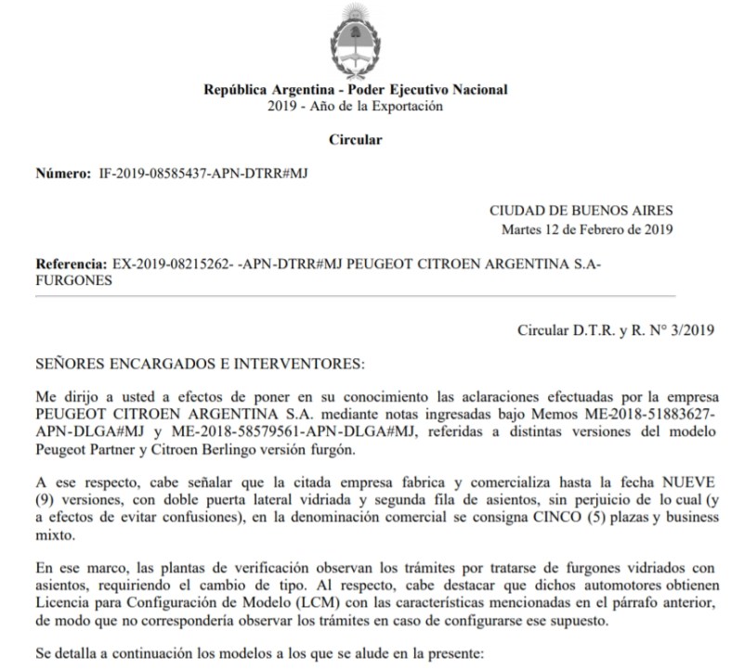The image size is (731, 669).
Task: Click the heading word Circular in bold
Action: click(355, 140)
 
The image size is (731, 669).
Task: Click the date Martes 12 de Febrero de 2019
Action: click(587, 229)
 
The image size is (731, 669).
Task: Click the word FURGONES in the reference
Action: click(73, 281)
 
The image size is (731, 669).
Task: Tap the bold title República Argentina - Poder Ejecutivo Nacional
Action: click(355, 90)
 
